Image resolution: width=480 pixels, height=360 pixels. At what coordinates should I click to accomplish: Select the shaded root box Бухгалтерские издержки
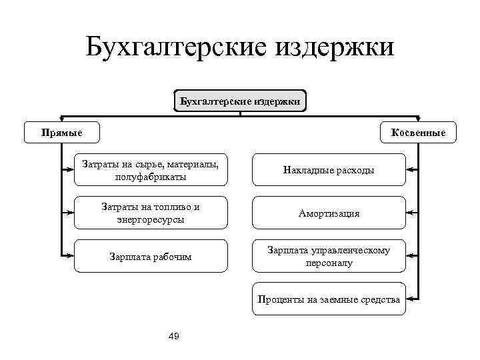pyautogui.click(x=240, y=102)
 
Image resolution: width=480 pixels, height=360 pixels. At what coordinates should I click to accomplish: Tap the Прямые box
pyautogui.click(x=62, y=132)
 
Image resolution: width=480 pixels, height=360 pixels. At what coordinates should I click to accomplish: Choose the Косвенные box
pyautogui.click(x=419, y=132)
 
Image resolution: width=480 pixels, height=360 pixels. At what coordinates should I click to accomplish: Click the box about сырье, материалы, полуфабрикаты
pyautogui.click(x=150, y=170)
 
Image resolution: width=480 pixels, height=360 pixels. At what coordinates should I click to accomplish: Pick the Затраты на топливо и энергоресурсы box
pyautogui.click(x=150, y=213)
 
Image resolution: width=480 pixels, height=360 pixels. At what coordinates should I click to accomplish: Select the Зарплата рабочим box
pyautogui.click(x=150, y=256)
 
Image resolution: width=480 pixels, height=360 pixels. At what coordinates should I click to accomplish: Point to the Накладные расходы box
pyautogui.click(x=329, y=170)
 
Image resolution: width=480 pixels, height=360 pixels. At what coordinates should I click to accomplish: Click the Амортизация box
pyautogui.click(x=329, y=213)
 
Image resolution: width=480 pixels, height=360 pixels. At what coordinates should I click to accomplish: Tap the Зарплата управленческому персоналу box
pyautogui.click(x=329, y=256)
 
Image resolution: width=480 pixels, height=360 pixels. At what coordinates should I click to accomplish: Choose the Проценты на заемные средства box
pyautogui.click(x=329, y=299)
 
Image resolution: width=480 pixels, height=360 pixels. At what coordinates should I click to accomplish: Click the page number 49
pyautogui.click(x=174, y=336)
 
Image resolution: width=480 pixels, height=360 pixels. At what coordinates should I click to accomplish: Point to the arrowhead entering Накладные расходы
pyautogui.click(x=409, y=170)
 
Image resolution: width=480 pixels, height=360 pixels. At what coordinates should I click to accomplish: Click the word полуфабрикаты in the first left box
pyautogui.click(x=150, y=177)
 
